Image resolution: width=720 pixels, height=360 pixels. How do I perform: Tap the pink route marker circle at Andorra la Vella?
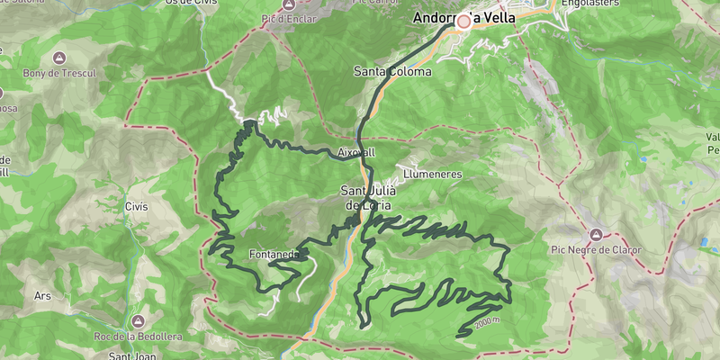tap(464, 21)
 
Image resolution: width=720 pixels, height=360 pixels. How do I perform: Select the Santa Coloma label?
tap(391, 71)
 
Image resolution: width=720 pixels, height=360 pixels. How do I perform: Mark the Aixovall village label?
tap(356, 152)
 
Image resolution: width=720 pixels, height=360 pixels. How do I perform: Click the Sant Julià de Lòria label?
tap(365, 197)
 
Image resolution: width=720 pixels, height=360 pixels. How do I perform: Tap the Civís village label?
tap(136, 207)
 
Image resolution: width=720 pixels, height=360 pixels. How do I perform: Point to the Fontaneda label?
tap(274, 255)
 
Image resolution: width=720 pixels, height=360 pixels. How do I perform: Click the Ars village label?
tap(42, 295)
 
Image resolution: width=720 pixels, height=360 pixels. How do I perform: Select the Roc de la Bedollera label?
tap(138, 336)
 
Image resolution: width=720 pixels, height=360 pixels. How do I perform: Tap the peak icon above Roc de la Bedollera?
tap(138, 320)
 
